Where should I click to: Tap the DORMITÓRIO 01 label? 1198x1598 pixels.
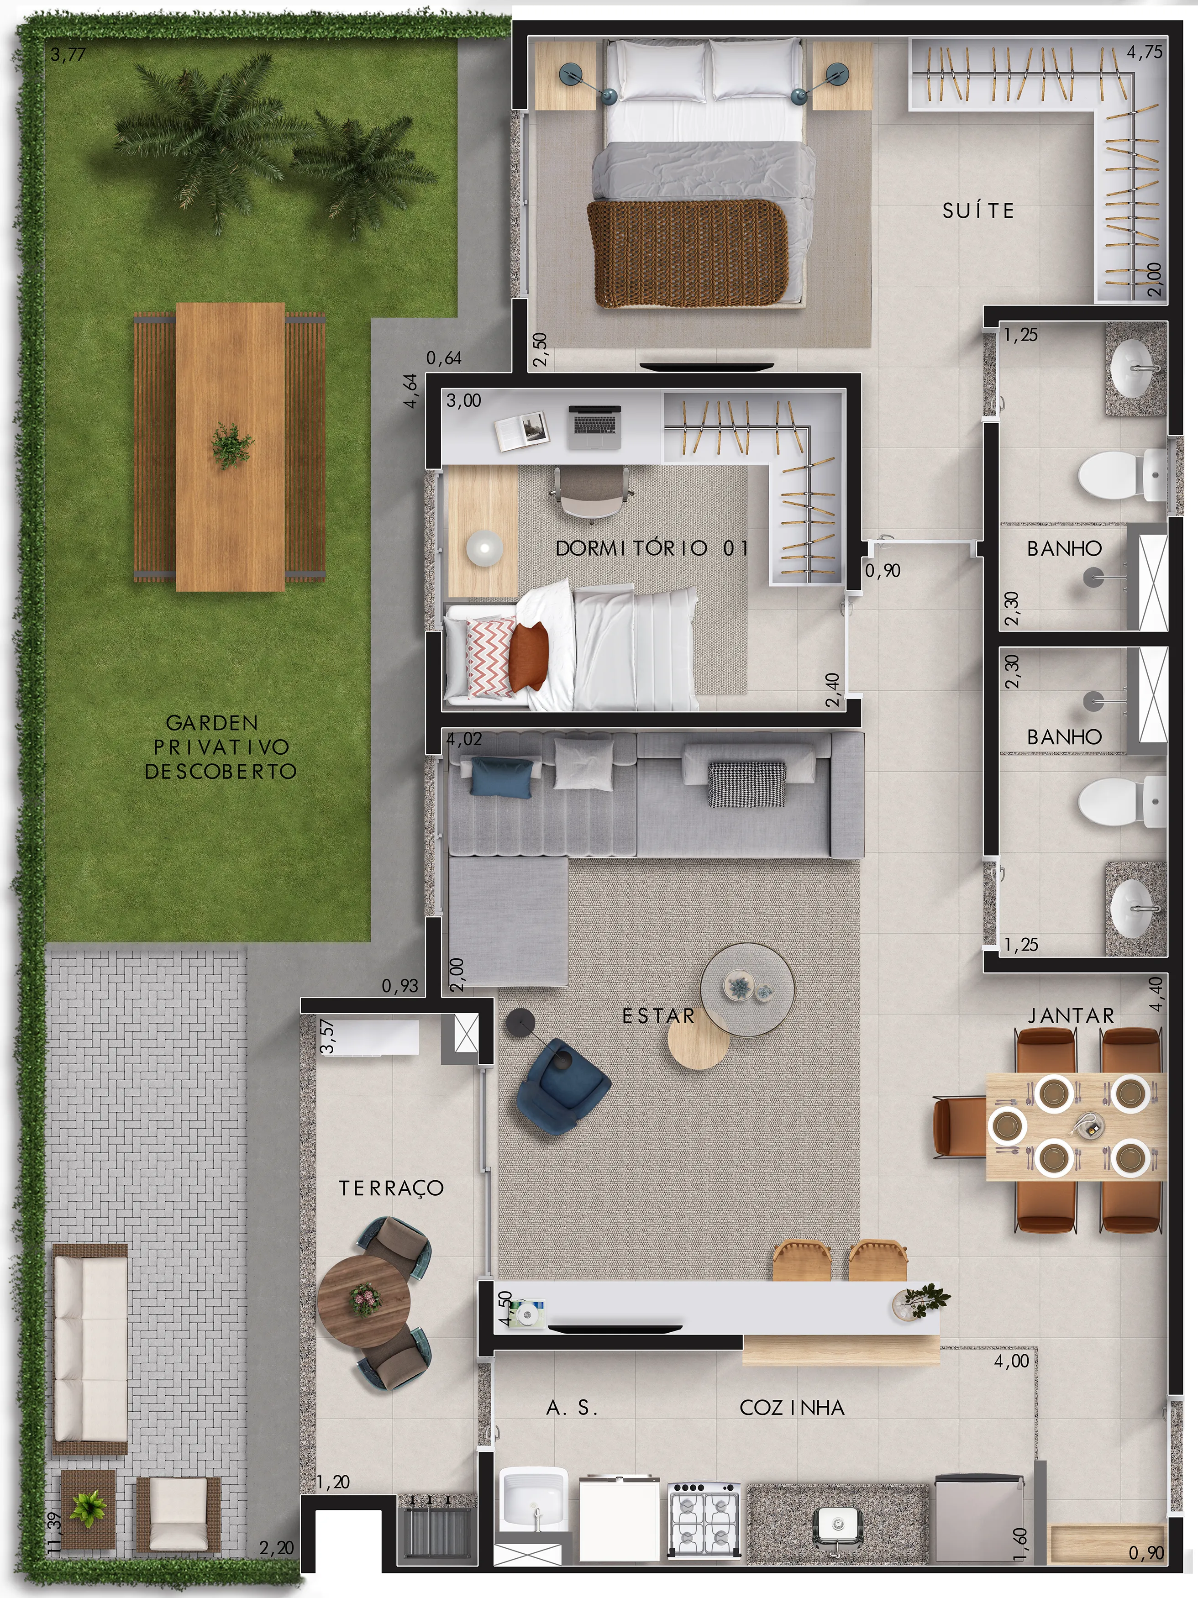652,548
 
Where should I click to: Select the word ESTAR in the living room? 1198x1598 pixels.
659,1016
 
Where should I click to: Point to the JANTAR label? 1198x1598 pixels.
1071,1016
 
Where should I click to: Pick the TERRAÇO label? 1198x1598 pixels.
391,1188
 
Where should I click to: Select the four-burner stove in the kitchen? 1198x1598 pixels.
704,1519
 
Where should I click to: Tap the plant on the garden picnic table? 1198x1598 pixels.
231,446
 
